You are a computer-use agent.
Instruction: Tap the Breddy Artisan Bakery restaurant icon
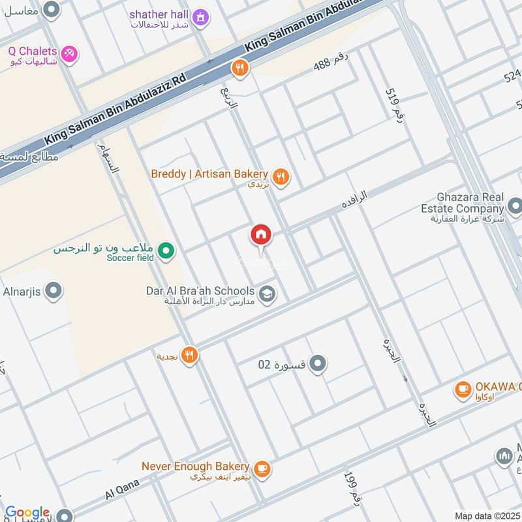pos(281,176)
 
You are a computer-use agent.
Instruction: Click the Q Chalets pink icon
pos(69,52)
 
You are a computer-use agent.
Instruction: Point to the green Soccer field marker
pos(166,251)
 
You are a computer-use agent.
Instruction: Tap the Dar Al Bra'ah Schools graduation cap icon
pos(266,295)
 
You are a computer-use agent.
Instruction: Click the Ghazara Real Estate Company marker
pos(514,207)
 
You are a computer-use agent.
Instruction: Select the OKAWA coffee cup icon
pos(463,390)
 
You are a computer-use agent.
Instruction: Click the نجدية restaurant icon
pos(190,356)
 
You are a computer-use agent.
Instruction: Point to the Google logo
pos(27,513)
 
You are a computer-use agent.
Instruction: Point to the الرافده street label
pos(354,199)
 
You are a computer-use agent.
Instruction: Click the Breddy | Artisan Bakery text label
pos(209,174)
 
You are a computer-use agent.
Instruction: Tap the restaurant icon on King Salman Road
pos(240,68)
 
